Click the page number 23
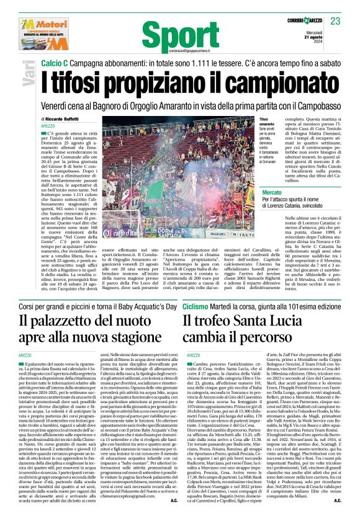[x=336, y=21]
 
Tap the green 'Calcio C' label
[x=54, y=63]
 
